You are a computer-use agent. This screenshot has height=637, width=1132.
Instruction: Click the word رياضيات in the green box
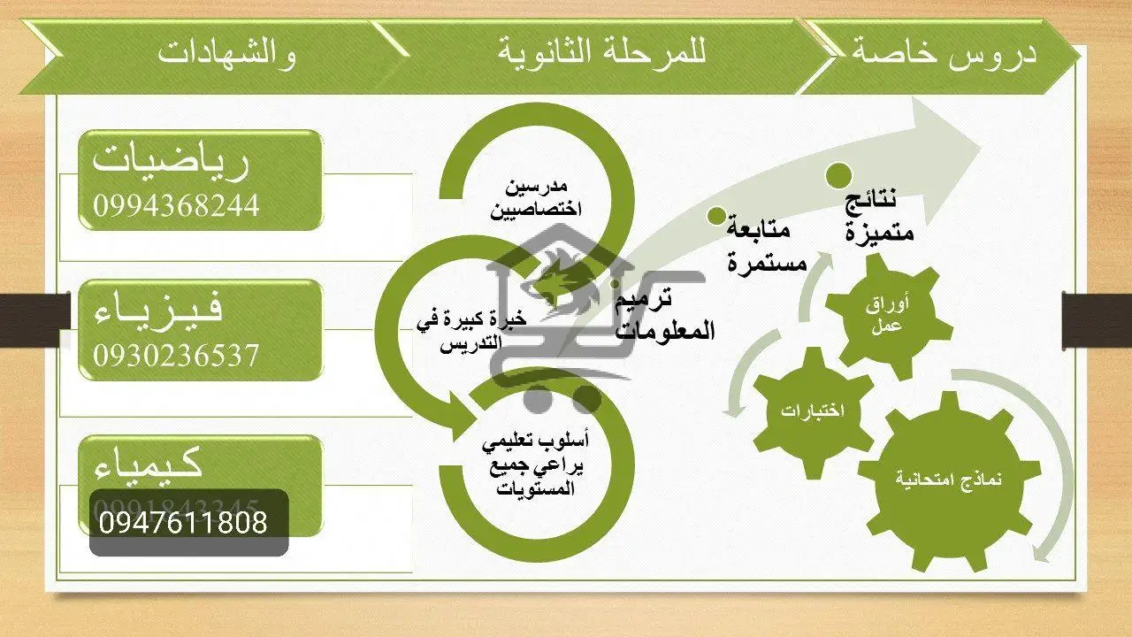(172, 160)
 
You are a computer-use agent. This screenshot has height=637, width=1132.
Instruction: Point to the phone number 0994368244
(176, 205)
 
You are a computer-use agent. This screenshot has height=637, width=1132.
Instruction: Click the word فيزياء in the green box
(159, 309)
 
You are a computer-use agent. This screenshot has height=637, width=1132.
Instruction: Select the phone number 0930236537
(176, 355)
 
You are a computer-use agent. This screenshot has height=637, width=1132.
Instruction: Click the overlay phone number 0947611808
(183, 522)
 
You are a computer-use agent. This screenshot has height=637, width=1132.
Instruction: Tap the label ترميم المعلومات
(665, 316)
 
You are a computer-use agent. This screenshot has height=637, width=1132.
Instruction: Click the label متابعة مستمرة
(766, 245)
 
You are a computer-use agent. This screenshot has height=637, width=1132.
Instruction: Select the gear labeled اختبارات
(812, 411)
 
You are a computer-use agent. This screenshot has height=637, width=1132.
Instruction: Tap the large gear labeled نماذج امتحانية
(947, 479)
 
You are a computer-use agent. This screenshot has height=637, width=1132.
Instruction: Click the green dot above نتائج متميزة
(839, 174)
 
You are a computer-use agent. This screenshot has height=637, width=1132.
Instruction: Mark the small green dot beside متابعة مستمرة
(716, 215)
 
